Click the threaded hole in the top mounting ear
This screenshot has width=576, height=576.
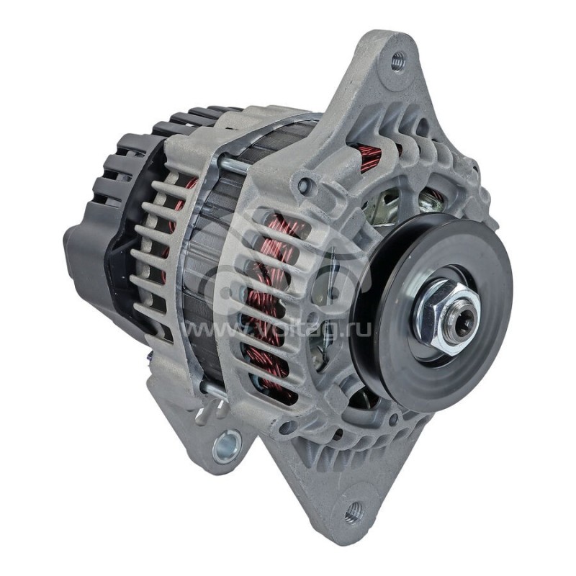tap(397, 62)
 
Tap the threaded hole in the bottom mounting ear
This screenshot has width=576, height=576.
tap(352, 513)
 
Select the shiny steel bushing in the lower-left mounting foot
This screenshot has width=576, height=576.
tap(226, 445)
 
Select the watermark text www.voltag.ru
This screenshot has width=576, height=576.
tap(274, 330)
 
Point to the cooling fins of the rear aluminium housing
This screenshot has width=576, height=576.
tap(155, 238)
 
